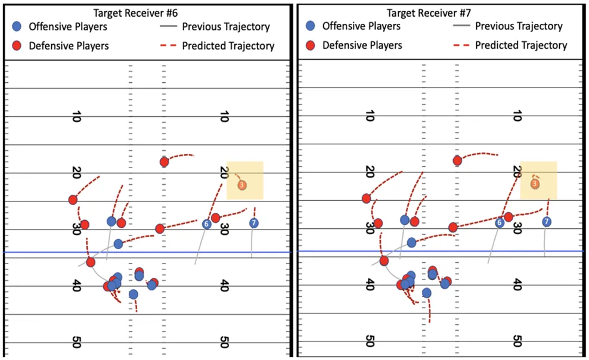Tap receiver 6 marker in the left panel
tap(206, 224)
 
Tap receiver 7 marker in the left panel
tap(254, 223)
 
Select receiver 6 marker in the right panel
tap(500, 223)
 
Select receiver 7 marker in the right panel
tap(547, 222)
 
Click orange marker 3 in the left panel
tap(241, 185)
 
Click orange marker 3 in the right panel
tap(535, 184)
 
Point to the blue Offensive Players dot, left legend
tap(18, 26)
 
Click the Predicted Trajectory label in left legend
tap(228, 46)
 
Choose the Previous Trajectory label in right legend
tap(519, 26)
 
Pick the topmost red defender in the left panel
tap(164, 162)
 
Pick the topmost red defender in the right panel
tap(457, 160)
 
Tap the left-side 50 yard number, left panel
tap(76, 342)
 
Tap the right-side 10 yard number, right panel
tap(517, 116)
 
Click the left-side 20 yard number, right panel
tap(370, 172)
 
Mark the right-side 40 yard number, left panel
tap(224, 287)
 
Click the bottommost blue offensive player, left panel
tap(134, 294)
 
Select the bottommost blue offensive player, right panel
tap(426, 293)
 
